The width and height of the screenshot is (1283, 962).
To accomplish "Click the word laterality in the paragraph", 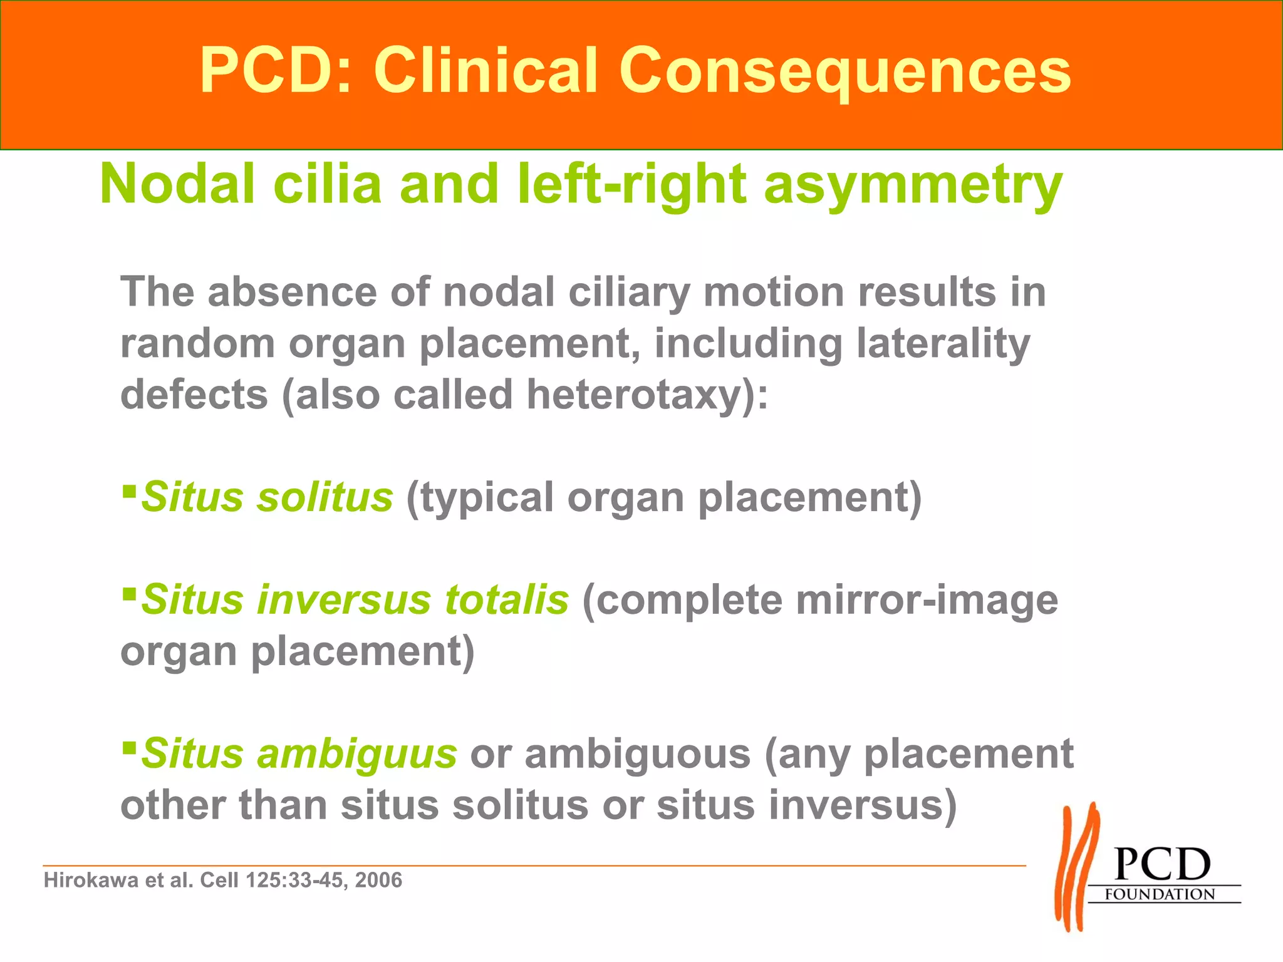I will (x=943, y=344).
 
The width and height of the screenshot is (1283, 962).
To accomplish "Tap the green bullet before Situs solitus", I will (x=129, y=489).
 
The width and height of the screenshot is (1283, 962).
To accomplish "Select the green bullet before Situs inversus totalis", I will (x=129, y=592).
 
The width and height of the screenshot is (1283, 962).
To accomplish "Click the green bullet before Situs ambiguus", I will (x=129, y=746).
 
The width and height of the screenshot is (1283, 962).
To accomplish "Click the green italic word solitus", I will (x=325, y=497).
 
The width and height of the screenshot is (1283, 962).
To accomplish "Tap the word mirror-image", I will (x=927, y=601).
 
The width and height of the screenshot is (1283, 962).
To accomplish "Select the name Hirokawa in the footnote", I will (x=91, y=881).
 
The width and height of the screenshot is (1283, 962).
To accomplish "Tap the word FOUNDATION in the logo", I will (x=1160, y=894).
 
